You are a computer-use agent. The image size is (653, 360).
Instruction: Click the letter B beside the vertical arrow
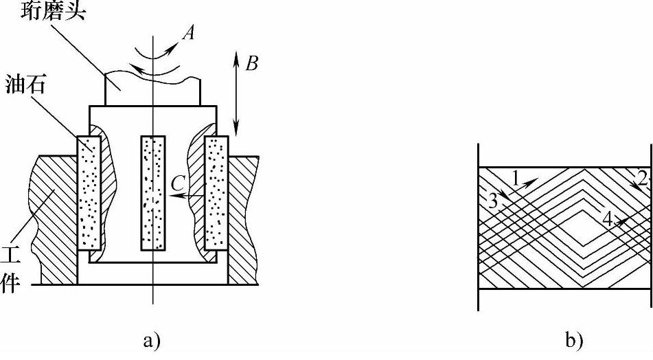coord(252,65)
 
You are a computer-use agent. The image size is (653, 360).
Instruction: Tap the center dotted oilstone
coord(153,192)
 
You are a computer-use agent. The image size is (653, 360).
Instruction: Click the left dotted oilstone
coord(89,192)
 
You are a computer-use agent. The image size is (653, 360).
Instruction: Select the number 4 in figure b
coord(607,218)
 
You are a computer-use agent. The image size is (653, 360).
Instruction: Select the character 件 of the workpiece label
coord(12,284)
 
